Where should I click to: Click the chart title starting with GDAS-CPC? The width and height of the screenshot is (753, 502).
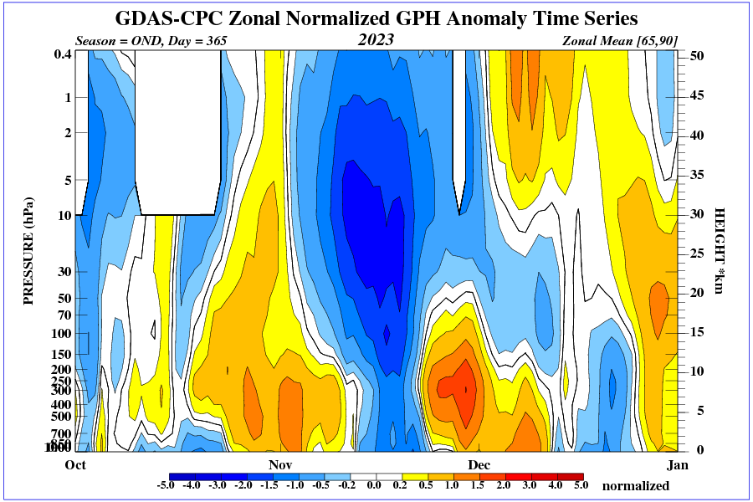[x=376, y=18]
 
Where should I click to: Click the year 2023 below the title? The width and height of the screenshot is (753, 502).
[x=376, y=39]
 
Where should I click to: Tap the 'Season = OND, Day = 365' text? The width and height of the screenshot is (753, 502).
[x=151, y=40]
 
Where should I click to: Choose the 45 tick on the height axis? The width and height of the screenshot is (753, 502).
[x=696, y=95]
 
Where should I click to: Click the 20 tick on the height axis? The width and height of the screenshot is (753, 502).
[x=696, y=292]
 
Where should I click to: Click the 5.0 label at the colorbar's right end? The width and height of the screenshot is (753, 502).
[x=580, y=485]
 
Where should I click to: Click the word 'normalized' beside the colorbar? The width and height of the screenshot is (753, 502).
[x=636, y=486]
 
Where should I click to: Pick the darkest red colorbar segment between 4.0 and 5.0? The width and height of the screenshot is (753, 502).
[x=570, y=475]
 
